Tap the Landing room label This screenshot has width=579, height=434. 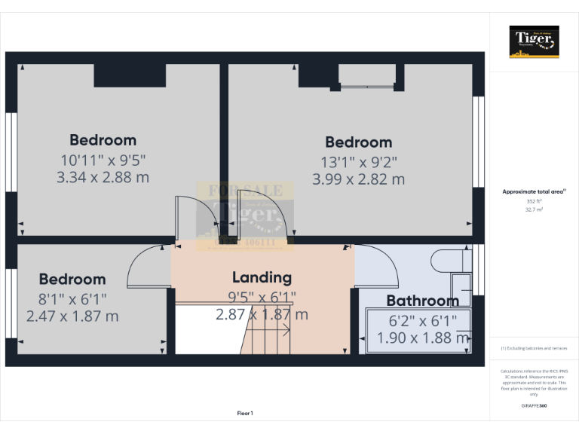click(262, 277)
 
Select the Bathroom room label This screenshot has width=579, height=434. click(422, 301)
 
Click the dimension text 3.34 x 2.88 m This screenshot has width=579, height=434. click(103, 178)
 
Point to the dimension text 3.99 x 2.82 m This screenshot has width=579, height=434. click(358, 179)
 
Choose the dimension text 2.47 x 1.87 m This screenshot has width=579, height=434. click(72, 316)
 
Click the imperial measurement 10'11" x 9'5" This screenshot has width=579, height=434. click(103, 160)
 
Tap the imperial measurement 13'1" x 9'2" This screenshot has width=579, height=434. click(358, 161)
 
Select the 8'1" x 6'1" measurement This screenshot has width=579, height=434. click(72, 298)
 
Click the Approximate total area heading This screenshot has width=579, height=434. click(534, 192)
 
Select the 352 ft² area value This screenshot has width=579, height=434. click(534, 201)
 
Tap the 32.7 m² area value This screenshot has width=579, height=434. click(534, 210)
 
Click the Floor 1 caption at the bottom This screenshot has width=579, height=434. click(245, 413)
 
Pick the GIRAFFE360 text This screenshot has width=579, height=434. click(534, 406)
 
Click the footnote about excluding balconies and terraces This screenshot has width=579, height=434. click(534, 348)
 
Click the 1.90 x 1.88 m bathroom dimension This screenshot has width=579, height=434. click(422, 338)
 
